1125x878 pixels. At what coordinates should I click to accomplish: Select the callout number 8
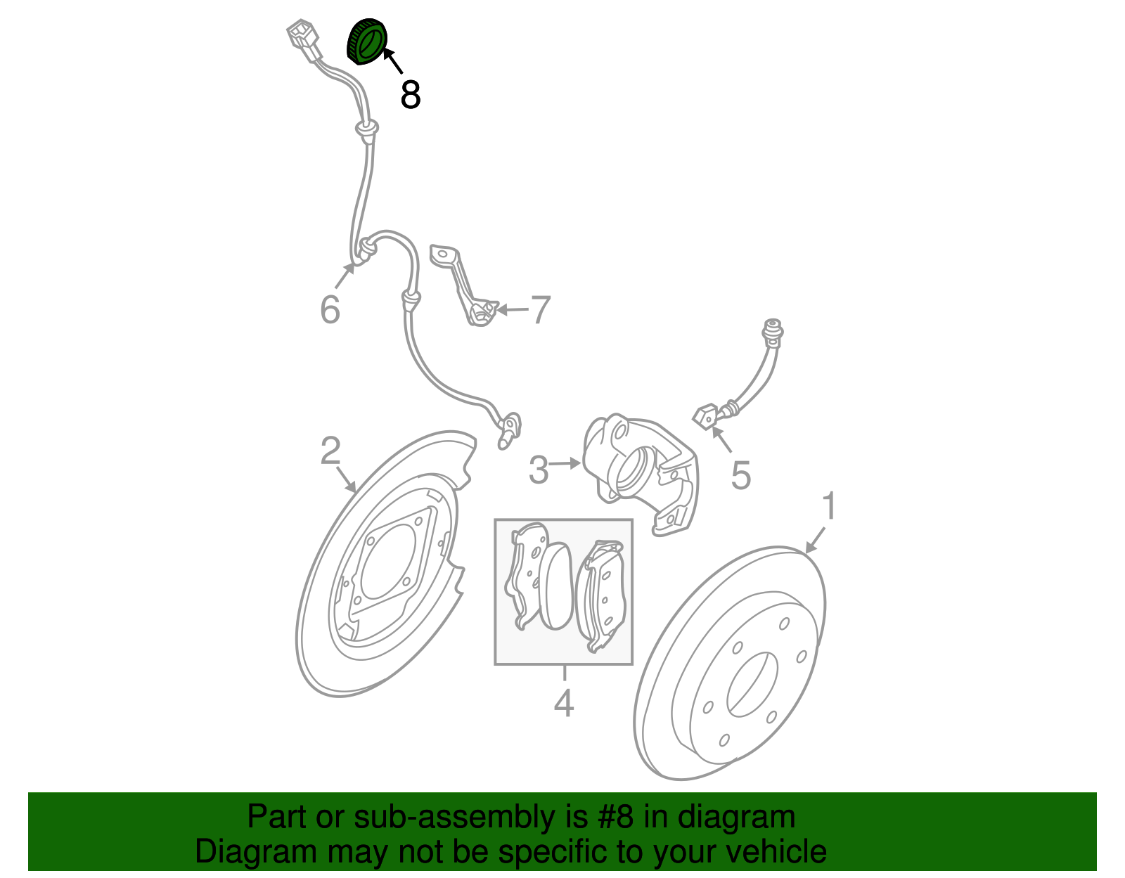[411, 95]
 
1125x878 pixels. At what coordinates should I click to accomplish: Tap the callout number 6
[330, 309]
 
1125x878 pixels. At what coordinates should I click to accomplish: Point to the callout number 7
[540, 309]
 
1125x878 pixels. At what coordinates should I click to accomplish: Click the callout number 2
[330, 451]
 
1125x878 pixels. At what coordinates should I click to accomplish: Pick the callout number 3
[539, 470]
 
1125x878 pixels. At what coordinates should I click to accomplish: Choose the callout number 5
[741, 476]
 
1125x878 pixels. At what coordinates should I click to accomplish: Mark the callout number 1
[830, 506]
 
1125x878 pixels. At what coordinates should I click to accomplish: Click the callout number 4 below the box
[563, 703]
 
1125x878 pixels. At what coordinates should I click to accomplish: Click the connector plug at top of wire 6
[303, 41]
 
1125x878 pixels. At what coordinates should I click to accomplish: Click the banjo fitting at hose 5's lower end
[706, 415]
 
